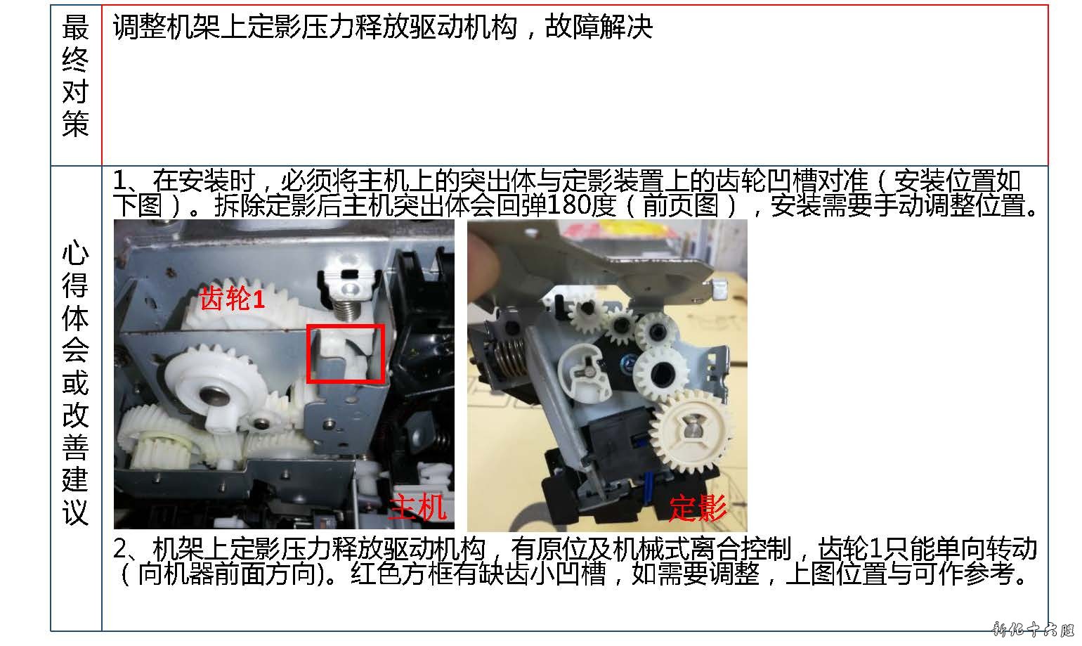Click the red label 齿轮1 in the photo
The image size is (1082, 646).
[x=233, y=298]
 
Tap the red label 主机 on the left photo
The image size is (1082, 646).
[x=418, y=507]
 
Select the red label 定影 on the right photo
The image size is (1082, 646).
[x=698, y=508]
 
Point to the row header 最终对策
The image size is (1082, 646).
[x=75, y=75]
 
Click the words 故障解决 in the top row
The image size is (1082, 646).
[x=599, y=27]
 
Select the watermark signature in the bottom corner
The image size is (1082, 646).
[x=1033, y=629]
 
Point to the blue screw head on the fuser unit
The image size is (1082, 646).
[x=627, y=361]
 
